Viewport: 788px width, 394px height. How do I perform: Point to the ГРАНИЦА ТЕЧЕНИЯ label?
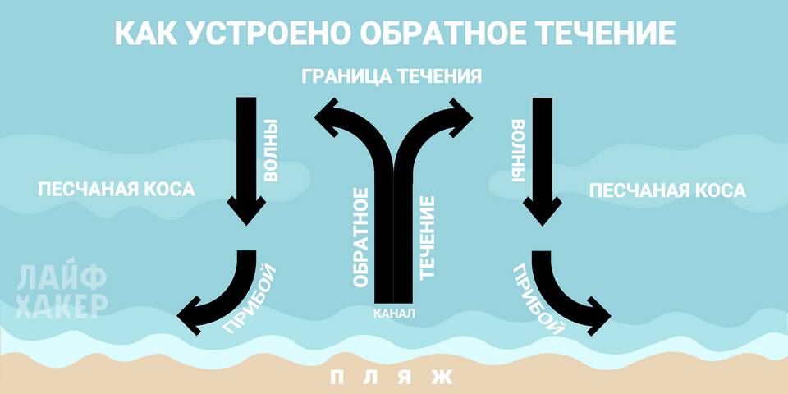click(392, 77)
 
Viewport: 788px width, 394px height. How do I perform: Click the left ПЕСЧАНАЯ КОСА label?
click(116, 190)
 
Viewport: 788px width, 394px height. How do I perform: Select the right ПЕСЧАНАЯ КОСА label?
click(667, 190)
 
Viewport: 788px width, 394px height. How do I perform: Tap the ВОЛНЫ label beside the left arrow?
click(271, 150)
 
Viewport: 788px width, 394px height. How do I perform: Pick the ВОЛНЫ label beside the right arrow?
click(518, 150)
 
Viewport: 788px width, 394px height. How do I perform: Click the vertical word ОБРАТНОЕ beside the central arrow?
click(361, 238)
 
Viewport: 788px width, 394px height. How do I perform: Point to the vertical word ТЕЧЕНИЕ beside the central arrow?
click(427, 238)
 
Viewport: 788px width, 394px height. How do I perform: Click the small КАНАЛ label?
click(395, 314)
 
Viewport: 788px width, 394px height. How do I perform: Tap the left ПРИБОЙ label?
click(250, 299)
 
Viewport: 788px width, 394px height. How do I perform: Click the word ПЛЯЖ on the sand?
click(392, 377)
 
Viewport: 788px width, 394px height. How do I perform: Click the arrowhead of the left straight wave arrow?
click(246, 210)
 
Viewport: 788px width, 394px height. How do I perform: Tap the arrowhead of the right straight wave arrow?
click(543, 210)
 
